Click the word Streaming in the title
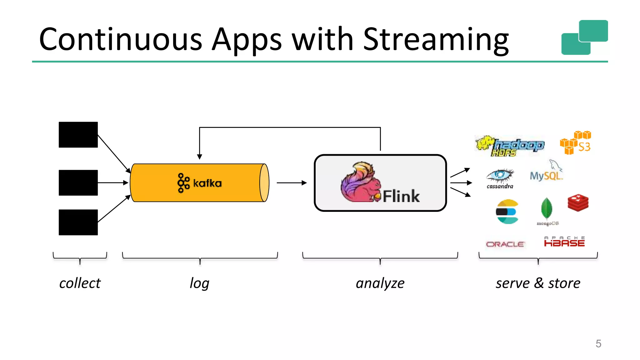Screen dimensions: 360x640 click(436, 40)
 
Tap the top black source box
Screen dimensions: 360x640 click(78, 135)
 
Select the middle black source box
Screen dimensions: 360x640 click(78, 183)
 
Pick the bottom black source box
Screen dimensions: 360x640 click(78, 222)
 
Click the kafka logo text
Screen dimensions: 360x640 click(207, 183)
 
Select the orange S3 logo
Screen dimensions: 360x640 click(575, 143)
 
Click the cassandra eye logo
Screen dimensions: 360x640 click(500, 177)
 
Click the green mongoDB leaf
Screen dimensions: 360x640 click(547, 208)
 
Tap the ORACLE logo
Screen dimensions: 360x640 click(505, 244)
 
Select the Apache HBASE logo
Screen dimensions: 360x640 click(564, 242)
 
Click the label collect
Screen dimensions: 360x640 click(80, 283)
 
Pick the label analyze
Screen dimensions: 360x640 click(380, 283)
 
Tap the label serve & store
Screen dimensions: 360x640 click(538, 283)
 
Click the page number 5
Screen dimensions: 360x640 click(598, 344)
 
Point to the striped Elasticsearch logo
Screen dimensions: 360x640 click(507, 212)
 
